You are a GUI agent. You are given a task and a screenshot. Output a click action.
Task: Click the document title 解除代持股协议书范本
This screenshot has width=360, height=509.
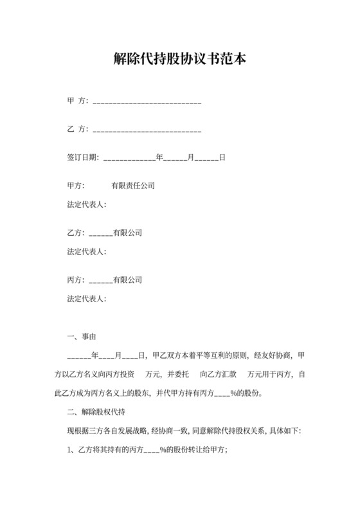180,60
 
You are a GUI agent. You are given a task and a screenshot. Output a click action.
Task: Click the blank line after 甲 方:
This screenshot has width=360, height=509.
148,102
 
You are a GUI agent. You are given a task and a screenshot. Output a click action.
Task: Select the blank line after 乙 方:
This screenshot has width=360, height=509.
148,130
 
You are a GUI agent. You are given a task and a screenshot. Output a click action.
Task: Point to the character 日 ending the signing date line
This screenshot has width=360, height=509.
222,157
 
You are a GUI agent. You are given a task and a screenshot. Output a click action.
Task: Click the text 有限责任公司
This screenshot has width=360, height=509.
133,186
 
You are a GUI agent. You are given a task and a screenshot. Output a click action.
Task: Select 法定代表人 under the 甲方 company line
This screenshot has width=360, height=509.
85,205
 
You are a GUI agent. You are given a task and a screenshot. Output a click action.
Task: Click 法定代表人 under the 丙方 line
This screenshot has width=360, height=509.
85,299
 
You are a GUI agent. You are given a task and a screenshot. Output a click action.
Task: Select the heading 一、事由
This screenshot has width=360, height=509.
82,337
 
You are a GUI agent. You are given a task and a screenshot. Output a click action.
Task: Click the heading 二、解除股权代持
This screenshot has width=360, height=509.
96,412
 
